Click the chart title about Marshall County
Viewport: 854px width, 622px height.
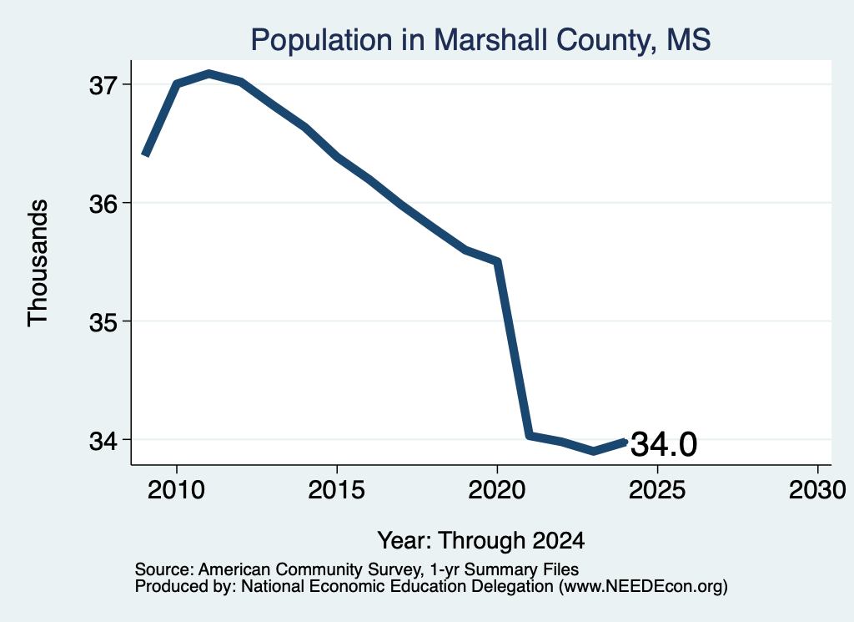pyautogui.click(x=480, y=40)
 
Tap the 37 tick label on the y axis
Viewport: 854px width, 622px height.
pyautogui.click(x=103, y=85)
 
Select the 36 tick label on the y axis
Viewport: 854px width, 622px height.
pyautogui.click(x=103, y=204)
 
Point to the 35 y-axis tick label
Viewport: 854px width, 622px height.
pyautogui.click(x=103, y=322)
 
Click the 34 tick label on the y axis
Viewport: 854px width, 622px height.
pyautogui.click(x=103, y=441)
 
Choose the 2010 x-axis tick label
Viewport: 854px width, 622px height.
pyautogui.click(x=177, y=489)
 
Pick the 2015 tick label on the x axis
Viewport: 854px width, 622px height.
pyautogui.click(x=337, y=489)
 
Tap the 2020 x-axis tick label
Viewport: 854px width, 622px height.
pyautogui.click(x=497, y=489)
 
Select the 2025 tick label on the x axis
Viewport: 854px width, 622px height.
pyautogui.click(x=657, y=489)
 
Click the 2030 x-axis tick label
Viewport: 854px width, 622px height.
pyautogui.click(x=817, y=489)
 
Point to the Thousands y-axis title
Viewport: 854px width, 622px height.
pyautogui.click(x=38, y=263)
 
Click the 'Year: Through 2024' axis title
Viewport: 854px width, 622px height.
pyautogui.click(x=481, y=540)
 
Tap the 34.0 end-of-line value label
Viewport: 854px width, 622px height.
pyautogui.click(x=664, y=443)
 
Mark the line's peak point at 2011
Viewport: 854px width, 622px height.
pyautogui.click(x=208, y=73)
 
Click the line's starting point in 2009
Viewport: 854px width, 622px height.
pyautogui.click(x=145, y=154)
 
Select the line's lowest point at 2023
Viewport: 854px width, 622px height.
pyautogui.click(x=593, y=452)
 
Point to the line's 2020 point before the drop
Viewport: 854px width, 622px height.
pyautogui.click(x=497, y=261)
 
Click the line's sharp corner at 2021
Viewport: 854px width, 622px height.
pyautogui.click(x=529, y=436)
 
